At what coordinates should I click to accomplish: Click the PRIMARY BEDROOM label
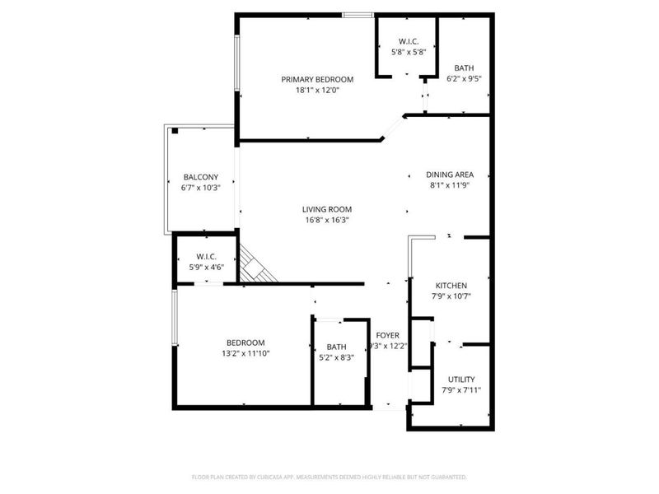pyautogui.click(x=317, y=80)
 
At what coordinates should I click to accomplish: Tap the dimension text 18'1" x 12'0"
pyautogui.click(x=317, y=91)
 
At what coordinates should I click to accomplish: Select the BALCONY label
pyautogui.click(x=200, y=177)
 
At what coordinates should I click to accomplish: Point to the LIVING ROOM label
pyautogui.click(x=326, y=209)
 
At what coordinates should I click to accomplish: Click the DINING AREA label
pyautogui.click(x=449, y=175)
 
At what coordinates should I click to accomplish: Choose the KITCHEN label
pyautogui.click(x=450, y=286)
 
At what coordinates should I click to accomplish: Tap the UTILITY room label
pyautogui.click(x=460, y=380)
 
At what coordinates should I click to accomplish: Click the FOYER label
pyautogui.click(x=387, y=335)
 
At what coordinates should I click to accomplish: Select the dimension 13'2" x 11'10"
pyautogui.click(x=245, y=353)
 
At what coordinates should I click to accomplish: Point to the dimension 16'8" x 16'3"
pyautogui.click(x=326, y=220)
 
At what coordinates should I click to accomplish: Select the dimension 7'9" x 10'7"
pyautogui.click(x=450, y=296)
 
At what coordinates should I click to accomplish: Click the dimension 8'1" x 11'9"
pyautogui.click(x=449, y=185)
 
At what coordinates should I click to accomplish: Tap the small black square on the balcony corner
pyautogui.click(x=175, y=130)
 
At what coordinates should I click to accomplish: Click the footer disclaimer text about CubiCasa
pyautogui.click(x=329, y=477)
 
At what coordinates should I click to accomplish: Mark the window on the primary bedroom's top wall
pyautogui.click(x=357, y=14)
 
